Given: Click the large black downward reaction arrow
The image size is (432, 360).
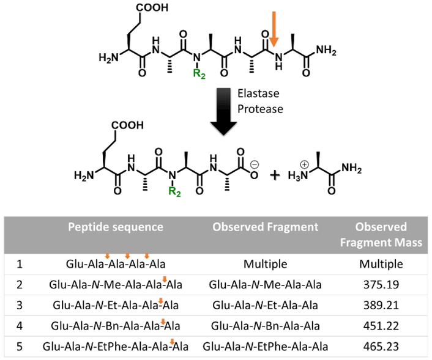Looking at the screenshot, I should coord(224,111).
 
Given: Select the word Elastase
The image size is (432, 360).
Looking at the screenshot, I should coord(258,95).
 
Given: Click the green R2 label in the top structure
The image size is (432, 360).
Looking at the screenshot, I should coord(199,74).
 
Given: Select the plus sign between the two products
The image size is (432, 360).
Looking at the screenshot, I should coord(275,174).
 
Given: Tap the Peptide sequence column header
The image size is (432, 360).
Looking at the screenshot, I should coord(116,227).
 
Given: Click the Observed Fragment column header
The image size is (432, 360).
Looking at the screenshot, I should coord(266,227).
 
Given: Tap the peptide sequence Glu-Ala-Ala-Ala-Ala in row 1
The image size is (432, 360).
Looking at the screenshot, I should coord(116,265).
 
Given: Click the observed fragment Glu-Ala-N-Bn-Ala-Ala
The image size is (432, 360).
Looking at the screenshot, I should coord(265,326).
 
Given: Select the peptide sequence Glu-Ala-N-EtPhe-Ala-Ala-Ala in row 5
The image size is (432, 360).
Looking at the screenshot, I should coord(116,347).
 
